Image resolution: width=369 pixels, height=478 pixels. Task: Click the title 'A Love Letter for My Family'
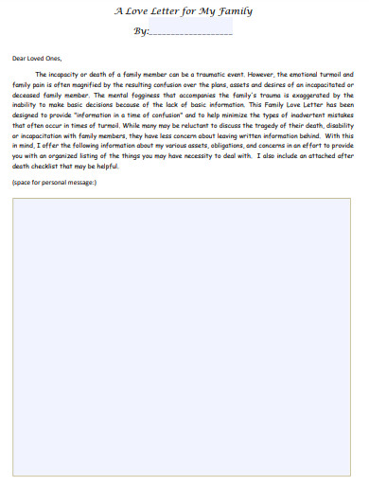click(184, 12)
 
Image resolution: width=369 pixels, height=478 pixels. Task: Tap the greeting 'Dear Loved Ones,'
click(35, 59)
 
